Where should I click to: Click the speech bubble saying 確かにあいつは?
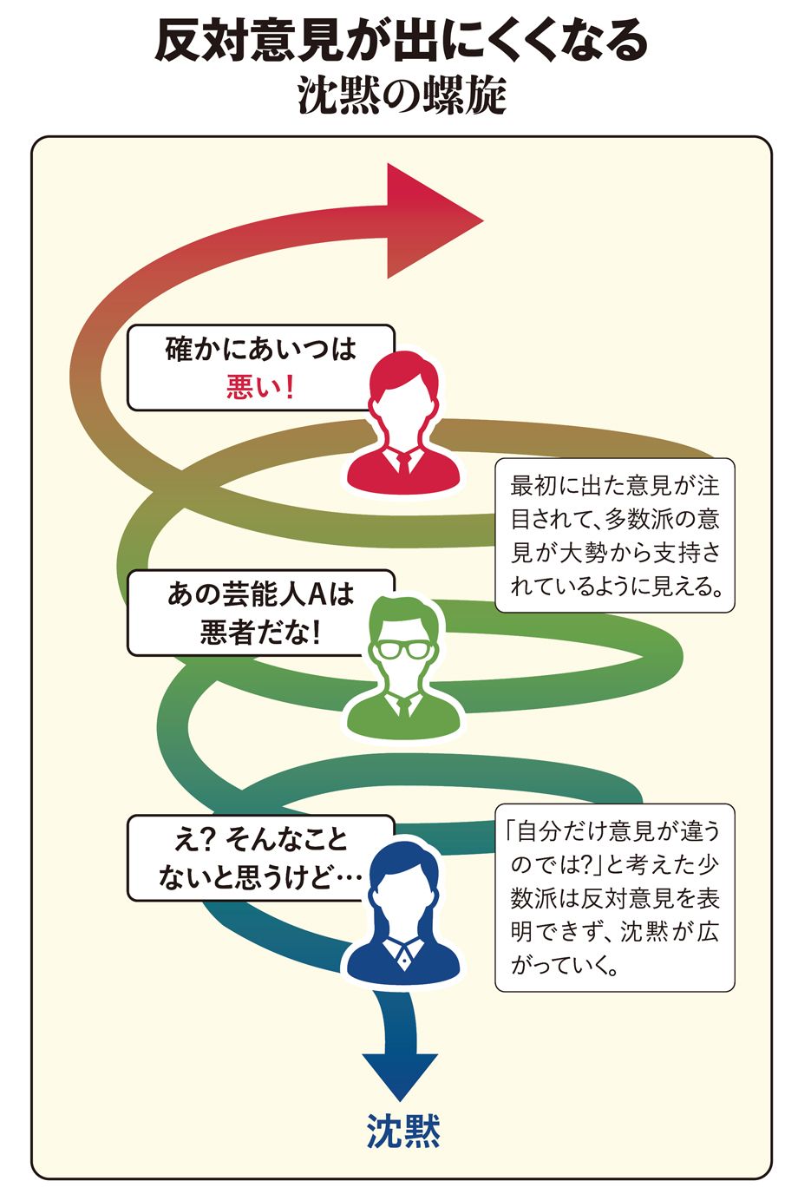point(260,367)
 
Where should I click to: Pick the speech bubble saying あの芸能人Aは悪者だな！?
point(260,613)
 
